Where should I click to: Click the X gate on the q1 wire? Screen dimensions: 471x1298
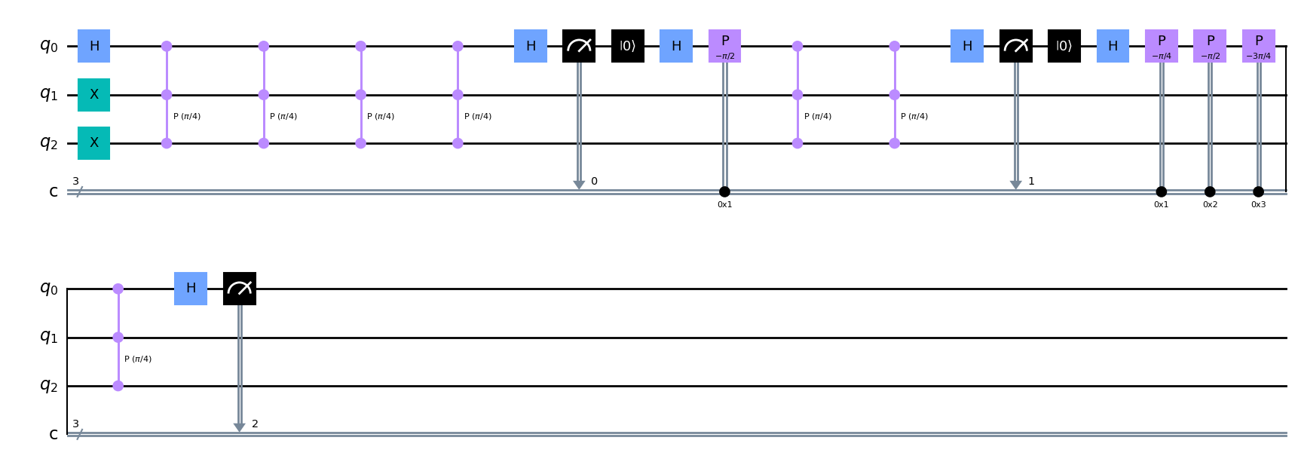tap(94, 95)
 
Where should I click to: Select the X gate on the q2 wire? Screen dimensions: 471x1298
tap(94, 143)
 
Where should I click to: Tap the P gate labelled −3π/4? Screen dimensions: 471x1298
tap(1258, 46)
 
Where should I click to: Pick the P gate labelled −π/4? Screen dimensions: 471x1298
tap(1161, 46)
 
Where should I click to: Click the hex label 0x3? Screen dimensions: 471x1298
tap(1258, 204)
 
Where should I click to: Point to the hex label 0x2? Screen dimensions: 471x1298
tap(1210, 204)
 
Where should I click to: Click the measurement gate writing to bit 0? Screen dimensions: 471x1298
tap(579, 46)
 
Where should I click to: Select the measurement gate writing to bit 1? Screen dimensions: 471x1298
tap(1015, 46)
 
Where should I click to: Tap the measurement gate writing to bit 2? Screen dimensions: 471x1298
tap(240, 289)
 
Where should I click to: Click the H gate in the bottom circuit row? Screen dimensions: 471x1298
tap(191, 289)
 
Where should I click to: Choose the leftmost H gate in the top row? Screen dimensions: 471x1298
tap(94, 46)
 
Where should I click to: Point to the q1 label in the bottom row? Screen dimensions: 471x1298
tap(49, 337)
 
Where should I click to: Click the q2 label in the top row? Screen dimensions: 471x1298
tap(49, 143)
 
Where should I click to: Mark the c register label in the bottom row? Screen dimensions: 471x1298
tap(54, 434)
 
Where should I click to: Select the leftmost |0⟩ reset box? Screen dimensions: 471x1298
tap(627, 46)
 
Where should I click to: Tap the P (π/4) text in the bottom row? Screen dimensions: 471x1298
tap(138, 359)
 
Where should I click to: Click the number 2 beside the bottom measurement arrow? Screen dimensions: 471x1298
tap(255, 424)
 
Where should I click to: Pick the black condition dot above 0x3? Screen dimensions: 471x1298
tap(1258, 191)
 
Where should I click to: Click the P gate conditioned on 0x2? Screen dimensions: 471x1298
tap(1210, 46)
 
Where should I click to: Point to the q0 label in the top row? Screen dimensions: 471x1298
tap(49, 46)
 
